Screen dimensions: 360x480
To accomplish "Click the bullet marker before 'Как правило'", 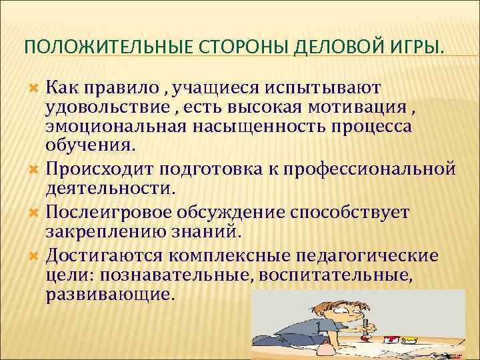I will pyautogui.click(x=36, y=88).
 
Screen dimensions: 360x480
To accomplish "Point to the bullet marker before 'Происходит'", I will pyautogui.click(x=36, y=166).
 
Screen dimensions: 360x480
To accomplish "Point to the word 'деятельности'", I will pyautogui.click(x=108, y=189).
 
